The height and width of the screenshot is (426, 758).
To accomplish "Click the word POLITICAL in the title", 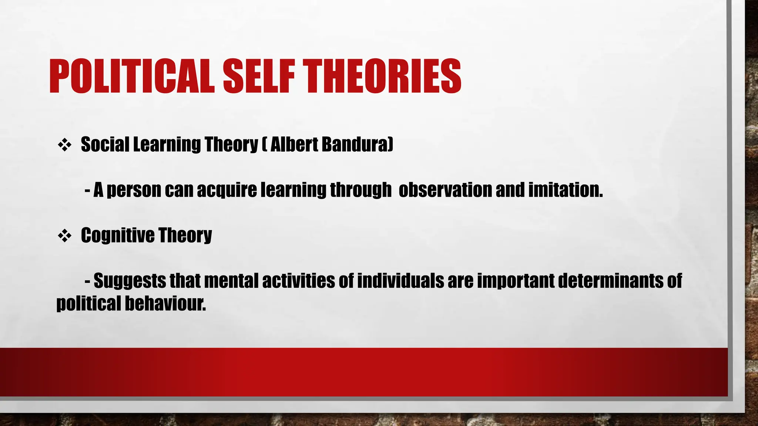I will (131, 76).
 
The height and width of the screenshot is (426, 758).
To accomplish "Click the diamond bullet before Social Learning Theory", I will (64, 145).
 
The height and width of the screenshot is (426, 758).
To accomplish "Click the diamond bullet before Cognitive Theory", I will (64, 236).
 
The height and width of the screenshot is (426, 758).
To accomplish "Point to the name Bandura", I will (357, 144).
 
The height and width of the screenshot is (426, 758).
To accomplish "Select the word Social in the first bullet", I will (105, 144).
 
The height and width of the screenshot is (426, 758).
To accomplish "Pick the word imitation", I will (565, 190).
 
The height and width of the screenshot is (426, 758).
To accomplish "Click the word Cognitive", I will (117, 236).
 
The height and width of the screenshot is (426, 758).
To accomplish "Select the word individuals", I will (400, 281).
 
